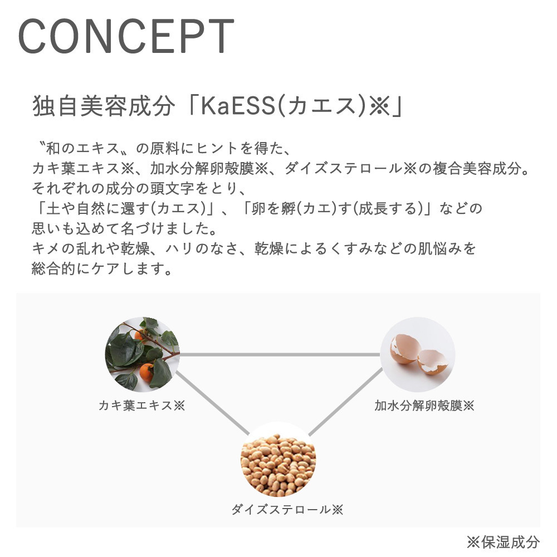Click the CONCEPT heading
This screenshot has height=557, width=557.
126,36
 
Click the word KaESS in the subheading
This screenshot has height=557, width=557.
238,106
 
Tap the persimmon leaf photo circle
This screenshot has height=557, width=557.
142,354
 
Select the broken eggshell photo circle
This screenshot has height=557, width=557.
418,354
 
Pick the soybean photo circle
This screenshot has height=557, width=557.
278,459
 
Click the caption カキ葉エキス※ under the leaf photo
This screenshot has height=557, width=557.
141,405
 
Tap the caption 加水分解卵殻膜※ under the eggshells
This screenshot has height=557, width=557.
424,405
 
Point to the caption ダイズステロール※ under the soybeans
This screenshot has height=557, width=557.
287,510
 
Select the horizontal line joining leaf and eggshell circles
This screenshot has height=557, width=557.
280,354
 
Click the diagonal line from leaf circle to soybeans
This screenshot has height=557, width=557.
213,403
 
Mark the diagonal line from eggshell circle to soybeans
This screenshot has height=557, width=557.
346,402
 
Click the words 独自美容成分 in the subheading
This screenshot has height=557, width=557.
104,106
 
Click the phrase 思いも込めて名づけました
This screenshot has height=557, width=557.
124,228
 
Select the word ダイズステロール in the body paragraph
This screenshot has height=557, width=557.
343,168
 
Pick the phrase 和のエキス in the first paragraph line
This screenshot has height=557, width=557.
82,148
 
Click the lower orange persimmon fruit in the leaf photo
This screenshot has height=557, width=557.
146,372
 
